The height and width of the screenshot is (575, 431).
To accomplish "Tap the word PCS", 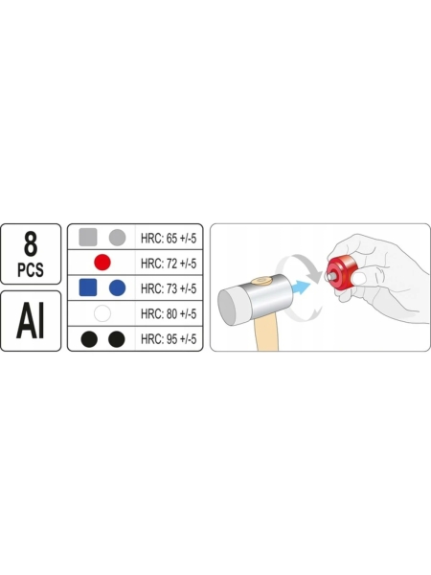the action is [31, 270].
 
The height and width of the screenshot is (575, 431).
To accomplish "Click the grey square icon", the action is [88, 237].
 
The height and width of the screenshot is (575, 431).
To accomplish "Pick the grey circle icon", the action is [117, 238].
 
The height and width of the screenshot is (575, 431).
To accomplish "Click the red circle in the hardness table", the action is [102, 263].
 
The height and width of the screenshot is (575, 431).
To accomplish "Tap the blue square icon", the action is [88, 287].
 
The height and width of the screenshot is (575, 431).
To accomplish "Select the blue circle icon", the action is [117, 287].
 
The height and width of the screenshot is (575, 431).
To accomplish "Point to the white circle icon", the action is [102, 313].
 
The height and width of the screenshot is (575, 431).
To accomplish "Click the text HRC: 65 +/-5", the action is [169, 239].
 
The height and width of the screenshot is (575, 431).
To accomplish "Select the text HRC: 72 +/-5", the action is [169, 264].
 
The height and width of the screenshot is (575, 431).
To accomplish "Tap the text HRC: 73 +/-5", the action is [169, 288].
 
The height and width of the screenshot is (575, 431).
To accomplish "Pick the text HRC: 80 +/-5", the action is [169, 314].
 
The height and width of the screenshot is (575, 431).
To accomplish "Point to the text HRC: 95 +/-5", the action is [169, 339].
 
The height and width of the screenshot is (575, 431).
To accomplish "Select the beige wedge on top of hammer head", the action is [261, 282].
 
